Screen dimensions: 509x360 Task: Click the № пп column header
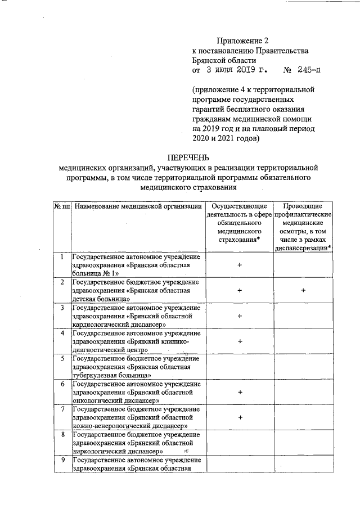[x=62, y=206]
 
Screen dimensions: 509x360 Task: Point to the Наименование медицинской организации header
[x=138, y=206]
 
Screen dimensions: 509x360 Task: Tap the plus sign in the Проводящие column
[x=303, y=290]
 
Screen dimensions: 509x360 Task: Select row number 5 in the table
[x=62, y=358]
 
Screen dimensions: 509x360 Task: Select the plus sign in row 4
[x=240, y=341]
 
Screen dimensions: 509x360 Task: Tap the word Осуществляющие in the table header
[x=240, y=206]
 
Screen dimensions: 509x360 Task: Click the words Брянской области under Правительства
[x=224, y=61]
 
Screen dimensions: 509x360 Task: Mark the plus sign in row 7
[x=240, y=417]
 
